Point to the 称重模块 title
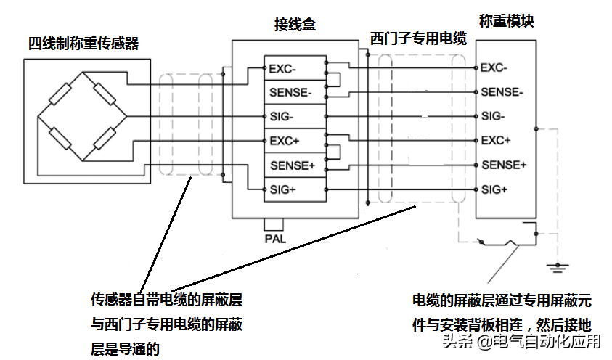pos(507,21)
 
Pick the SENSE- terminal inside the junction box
pos(291,93)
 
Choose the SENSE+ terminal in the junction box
pos(291,165)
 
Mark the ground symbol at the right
pos(557,266)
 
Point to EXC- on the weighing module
pos(494,68)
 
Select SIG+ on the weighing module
pos(494,189)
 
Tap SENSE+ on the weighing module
pos(503,165)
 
